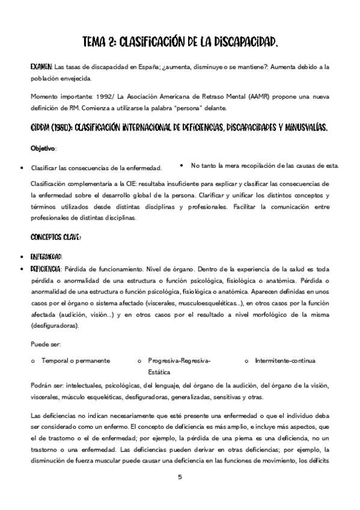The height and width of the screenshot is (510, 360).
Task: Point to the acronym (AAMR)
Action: coord(254,96)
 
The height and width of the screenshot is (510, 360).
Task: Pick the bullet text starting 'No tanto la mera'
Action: coord(264,165)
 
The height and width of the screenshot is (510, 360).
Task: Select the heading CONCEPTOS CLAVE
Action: coord(55,237)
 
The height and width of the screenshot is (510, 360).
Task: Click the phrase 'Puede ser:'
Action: coord(44,345)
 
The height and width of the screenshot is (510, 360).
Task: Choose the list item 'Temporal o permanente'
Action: coord(75,361)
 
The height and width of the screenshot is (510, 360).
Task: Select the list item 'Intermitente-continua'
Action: coord(285,361)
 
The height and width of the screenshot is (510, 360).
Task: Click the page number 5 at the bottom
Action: coord(180,477)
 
